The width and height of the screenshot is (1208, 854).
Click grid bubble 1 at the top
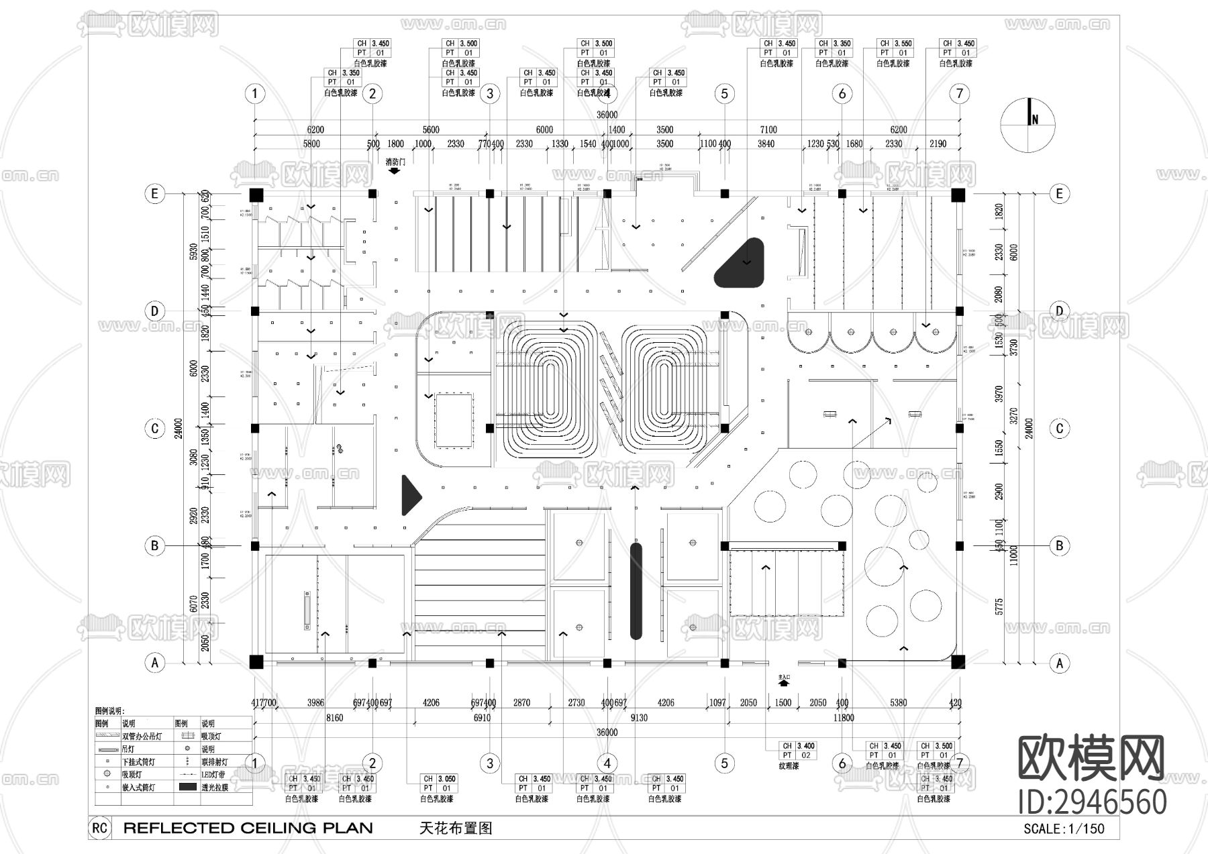click(254, 93)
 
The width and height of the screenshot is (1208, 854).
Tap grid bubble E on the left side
click(154, 194)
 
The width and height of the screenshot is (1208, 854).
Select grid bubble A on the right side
click(1059, 663)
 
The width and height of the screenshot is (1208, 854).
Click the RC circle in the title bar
click(99, 828)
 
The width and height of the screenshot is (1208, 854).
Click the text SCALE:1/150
click(1063, 829)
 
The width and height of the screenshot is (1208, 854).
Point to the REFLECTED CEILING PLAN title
click(248, 828)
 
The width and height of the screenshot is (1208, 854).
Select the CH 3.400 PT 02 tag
click(798, 750)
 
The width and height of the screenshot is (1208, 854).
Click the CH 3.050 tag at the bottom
click(438, 784)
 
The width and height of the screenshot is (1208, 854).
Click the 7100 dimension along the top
click(768, 129)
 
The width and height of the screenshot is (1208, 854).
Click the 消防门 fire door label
click(395, 162)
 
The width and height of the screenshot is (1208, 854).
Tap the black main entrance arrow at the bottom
click(784, 685)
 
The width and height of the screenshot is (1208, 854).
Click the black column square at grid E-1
click(255, 195)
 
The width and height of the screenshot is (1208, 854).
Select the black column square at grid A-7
click(958, 662)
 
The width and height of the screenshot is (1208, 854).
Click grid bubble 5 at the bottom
click(724, 763)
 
